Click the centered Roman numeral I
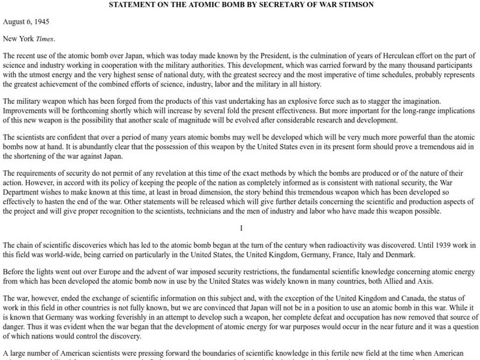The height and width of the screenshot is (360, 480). click(x=240, y=228)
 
